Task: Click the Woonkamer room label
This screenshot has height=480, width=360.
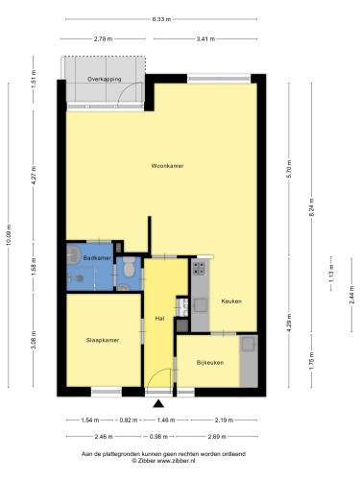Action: click(167, 166)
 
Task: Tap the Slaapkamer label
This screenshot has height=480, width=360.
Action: click(103, 340)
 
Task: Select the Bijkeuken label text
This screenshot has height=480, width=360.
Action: click(210, 363)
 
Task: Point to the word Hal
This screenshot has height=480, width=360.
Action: click(159, 319)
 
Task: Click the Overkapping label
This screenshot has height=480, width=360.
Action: click(105, 79)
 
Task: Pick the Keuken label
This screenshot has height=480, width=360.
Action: click(231, 301)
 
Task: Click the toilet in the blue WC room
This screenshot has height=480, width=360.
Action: click(129, 268)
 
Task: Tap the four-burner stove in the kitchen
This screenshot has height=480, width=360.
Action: click(199, 269)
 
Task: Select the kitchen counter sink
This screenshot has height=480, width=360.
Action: click(200, 305)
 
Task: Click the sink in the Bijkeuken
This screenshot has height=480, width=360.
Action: click(248, 345)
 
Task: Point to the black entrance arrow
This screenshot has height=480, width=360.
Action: click(158, 404)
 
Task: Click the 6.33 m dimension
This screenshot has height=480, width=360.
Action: click(161, 19)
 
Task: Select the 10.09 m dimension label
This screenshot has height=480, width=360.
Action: click(9, 235)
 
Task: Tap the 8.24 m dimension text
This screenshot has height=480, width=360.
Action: click(311, 208)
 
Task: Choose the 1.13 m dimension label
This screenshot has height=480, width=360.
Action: click(331, 274)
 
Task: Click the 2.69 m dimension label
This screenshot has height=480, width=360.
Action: click(217, 436)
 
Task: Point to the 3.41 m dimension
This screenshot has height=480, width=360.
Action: click(205, 39)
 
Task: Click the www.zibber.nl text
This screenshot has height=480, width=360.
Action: click(176, 461)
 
